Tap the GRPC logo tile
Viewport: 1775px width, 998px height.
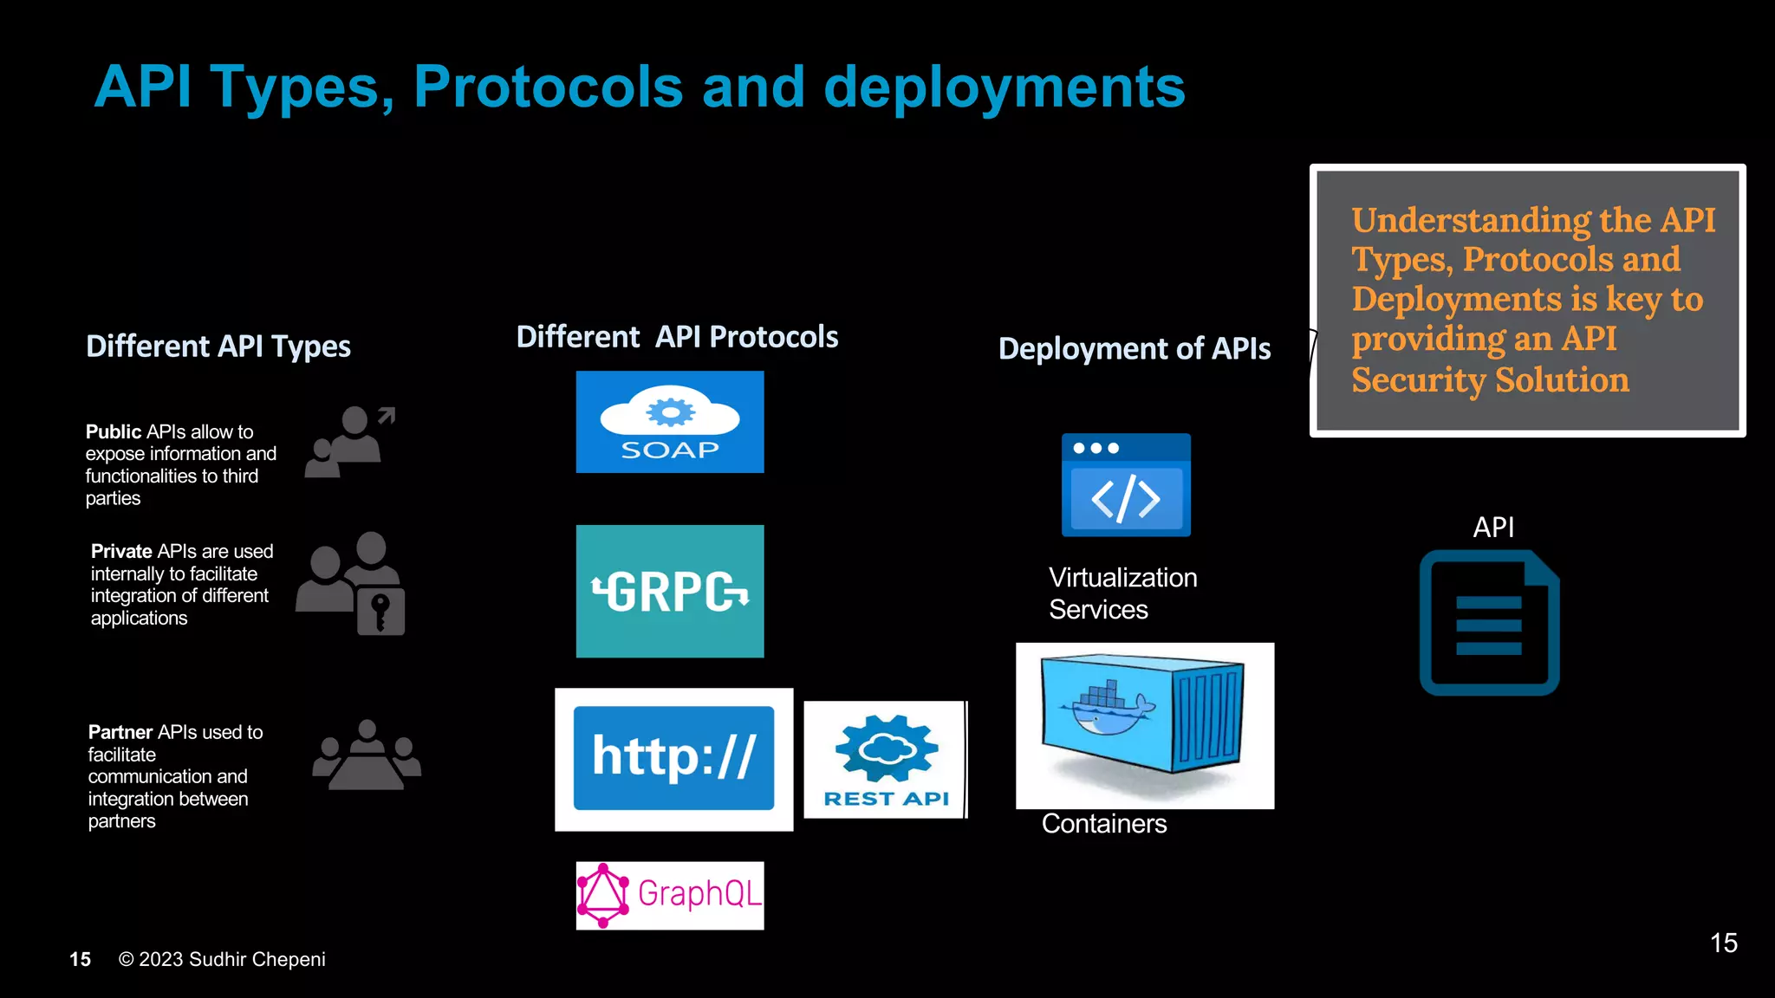point(670,592)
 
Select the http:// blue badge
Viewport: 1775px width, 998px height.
point(673,758)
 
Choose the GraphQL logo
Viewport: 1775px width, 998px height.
point(670,895)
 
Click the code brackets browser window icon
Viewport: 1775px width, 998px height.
point(1126,486)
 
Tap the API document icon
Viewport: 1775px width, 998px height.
point(1489,624)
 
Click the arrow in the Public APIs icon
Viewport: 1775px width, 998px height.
point(387,416)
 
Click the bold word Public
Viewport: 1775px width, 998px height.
point(114,431)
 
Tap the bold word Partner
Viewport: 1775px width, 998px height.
point(120,732)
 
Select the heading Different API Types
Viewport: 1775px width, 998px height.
point(218,347)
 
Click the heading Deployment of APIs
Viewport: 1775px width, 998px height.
point(1134,348)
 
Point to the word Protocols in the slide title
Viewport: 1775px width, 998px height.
point(548,87)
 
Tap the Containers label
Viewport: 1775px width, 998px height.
point(1103,823)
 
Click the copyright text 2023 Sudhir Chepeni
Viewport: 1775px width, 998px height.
point(231,959)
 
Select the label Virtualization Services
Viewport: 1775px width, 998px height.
point(1122,593)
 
